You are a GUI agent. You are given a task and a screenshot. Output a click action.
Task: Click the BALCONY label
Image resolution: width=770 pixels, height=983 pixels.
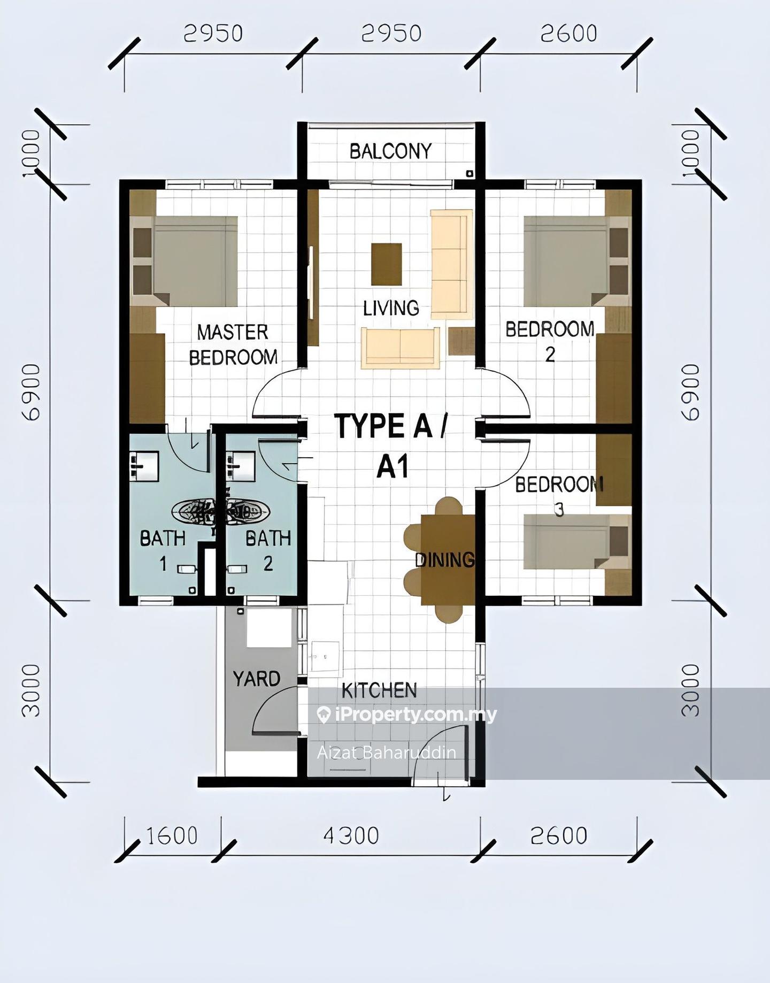390,151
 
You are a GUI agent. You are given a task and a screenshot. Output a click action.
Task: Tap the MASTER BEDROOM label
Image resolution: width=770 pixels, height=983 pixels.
233,345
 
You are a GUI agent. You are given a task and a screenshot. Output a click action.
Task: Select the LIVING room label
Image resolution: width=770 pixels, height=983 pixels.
391,308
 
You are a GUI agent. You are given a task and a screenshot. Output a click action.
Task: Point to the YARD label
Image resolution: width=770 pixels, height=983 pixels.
257,679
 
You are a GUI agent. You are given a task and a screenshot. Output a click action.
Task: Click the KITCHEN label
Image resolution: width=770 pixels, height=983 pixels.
379,690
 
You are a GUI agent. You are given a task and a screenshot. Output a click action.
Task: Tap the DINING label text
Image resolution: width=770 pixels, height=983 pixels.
445,560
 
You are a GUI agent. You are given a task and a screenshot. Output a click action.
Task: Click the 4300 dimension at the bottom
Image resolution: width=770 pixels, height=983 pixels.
351,835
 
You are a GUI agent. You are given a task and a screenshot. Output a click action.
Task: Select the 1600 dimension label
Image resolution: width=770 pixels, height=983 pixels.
171,835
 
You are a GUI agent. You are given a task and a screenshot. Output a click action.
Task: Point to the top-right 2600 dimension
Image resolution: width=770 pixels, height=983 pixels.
568,34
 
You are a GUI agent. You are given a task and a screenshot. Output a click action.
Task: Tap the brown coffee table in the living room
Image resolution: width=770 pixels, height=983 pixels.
387,264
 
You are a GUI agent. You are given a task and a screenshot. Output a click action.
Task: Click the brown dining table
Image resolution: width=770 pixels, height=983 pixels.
448,559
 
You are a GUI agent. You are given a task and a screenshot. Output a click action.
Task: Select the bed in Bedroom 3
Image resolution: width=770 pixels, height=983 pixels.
576,541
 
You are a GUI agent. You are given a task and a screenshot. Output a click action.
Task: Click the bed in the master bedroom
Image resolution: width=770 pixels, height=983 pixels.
185,261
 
